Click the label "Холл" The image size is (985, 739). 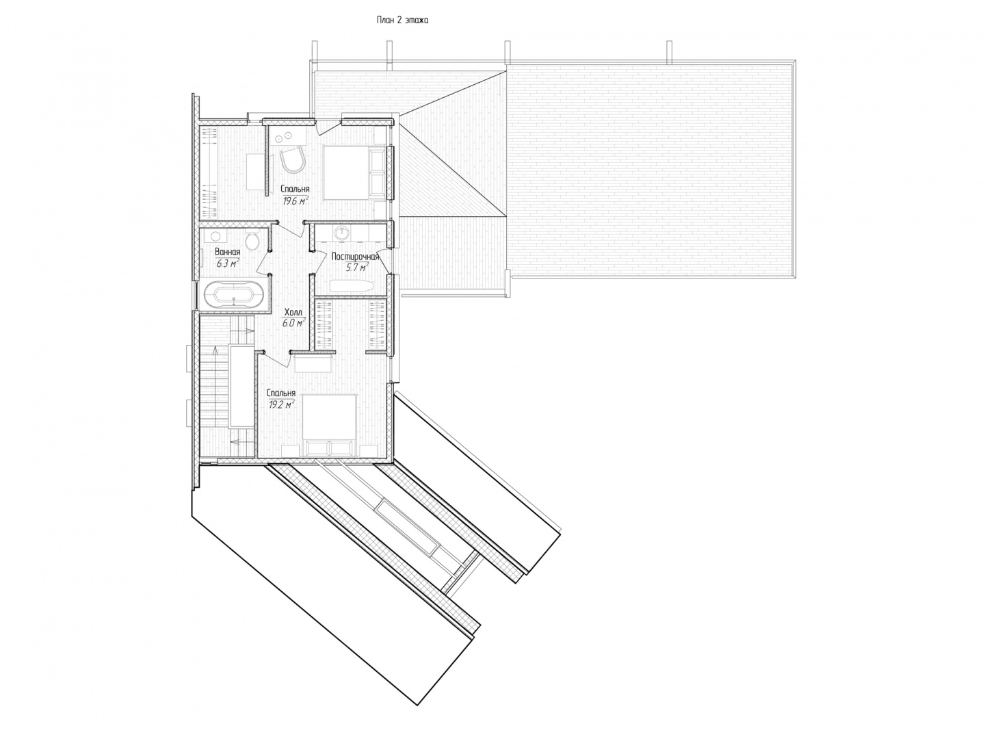click(293, 312)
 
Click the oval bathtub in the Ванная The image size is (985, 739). click(233, 294)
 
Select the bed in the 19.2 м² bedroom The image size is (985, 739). click(330, 424)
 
